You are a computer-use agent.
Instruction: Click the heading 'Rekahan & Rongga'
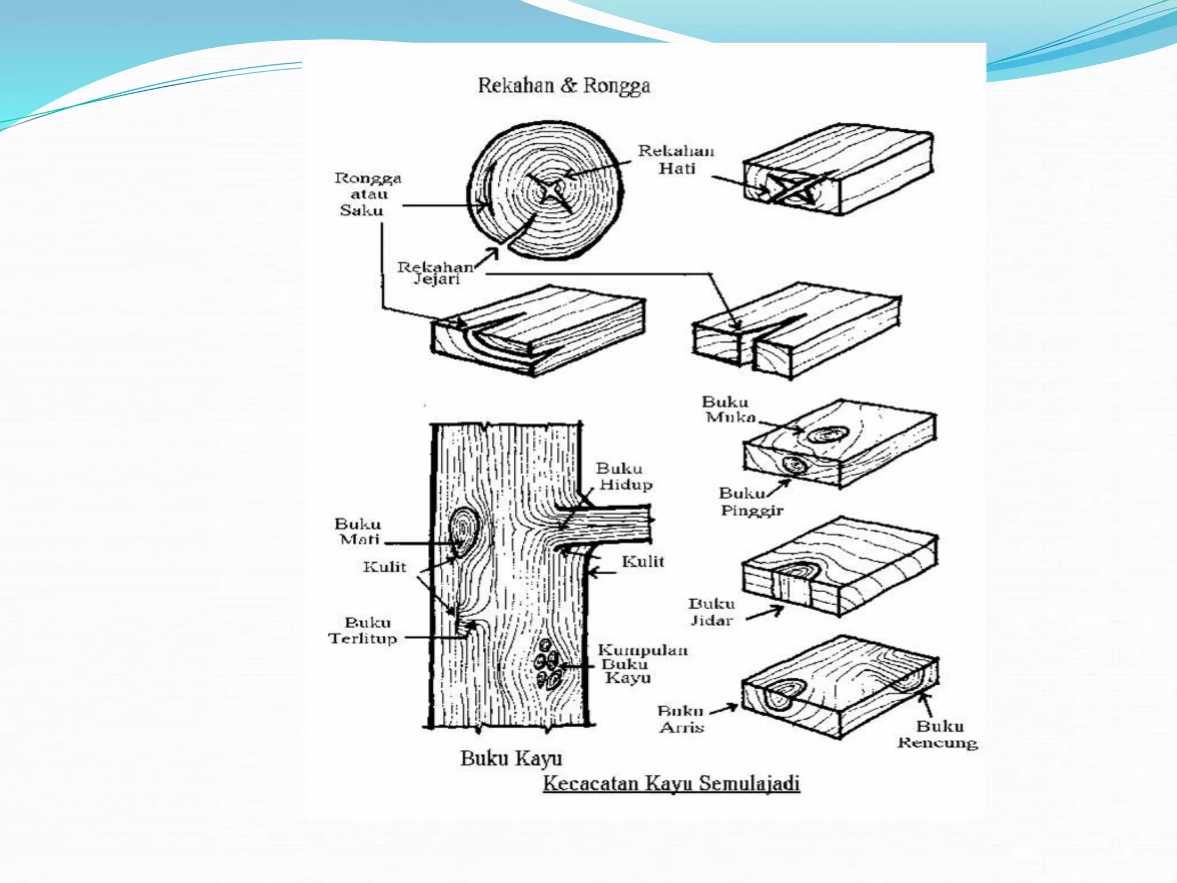564,86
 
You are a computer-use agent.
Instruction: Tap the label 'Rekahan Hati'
676,160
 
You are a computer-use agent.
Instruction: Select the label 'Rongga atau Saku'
367,194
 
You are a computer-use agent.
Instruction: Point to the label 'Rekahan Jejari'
436,273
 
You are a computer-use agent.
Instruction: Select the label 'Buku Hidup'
624,477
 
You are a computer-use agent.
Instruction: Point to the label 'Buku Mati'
359,532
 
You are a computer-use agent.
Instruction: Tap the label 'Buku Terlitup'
363,631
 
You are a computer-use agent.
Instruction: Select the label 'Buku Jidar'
711,612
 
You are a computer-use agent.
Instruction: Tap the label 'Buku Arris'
681,719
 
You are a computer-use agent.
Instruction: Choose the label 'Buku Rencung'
938,734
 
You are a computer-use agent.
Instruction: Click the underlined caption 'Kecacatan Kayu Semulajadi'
671,784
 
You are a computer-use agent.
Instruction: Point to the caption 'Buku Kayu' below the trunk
511,758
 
